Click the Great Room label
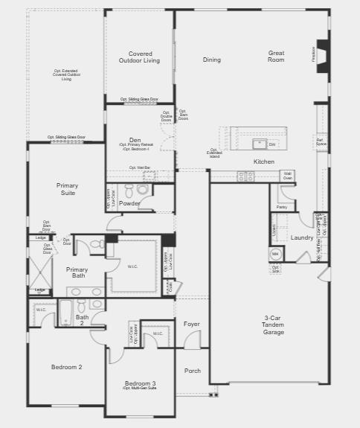tap(277, 56)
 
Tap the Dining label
tap(211, 60)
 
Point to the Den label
tap(135, 140)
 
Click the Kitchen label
tap(264, 162)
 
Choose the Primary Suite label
tap(67, 189)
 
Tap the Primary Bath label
tap(77, 273)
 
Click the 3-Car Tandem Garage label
tap(274, 325)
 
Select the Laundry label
tap(302, 237)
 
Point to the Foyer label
tap(192, 324)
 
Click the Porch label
tap(193, 370)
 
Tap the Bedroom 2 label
tap(66, 367)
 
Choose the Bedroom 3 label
tap(140, 383)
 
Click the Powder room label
tap(129, 202)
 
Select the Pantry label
tap(282, 208)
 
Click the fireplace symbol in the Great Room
tap(322, 55)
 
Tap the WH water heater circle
tap(274, 253)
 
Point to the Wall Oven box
tap(287, 176)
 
